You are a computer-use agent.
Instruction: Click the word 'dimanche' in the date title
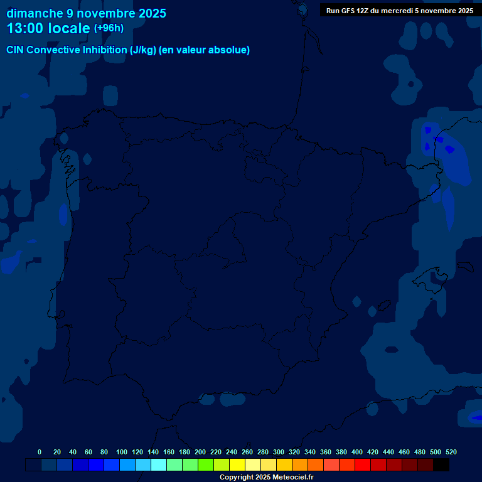coord(29,13)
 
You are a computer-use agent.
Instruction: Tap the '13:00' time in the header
coord(26,28)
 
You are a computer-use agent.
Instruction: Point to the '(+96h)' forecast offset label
coord(109,28)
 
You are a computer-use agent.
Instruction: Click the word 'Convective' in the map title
coord(55,50)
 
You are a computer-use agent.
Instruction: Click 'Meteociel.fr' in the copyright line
coord(291,478)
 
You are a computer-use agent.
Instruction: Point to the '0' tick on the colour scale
coord(40,452)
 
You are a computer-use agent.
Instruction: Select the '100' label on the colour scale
coord(122,452)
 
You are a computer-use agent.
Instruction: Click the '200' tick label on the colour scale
coord(200,452)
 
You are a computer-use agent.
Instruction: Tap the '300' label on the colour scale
coord(279,452)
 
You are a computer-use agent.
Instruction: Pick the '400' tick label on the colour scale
coord(357,452)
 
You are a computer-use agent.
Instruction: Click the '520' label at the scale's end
coord(451,452)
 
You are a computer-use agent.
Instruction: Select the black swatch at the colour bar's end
coord(441,465)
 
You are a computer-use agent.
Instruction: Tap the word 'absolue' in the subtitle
coord(230,50)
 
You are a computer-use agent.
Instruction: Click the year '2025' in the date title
coord(151,13)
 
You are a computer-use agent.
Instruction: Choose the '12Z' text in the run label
coord(363,11)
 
